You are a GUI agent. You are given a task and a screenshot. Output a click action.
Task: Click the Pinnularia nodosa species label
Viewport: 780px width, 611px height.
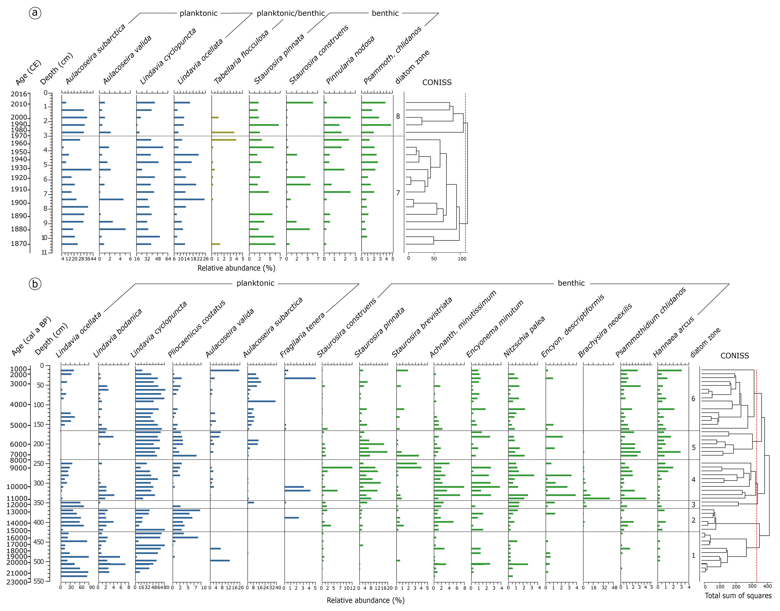tap(350, 60)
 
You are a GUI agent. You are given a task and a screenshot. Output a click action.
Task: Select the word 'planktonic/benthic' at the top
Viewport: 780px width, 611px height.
tap(290, 13)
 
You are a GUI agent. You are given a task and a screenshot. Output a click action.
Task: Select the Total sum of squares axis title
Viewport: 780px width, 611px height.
tap(738, 596)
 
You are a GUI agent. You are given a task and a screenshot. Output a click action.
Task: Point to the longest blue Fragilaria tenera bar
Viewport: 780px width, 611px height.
tap(300, 378)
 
